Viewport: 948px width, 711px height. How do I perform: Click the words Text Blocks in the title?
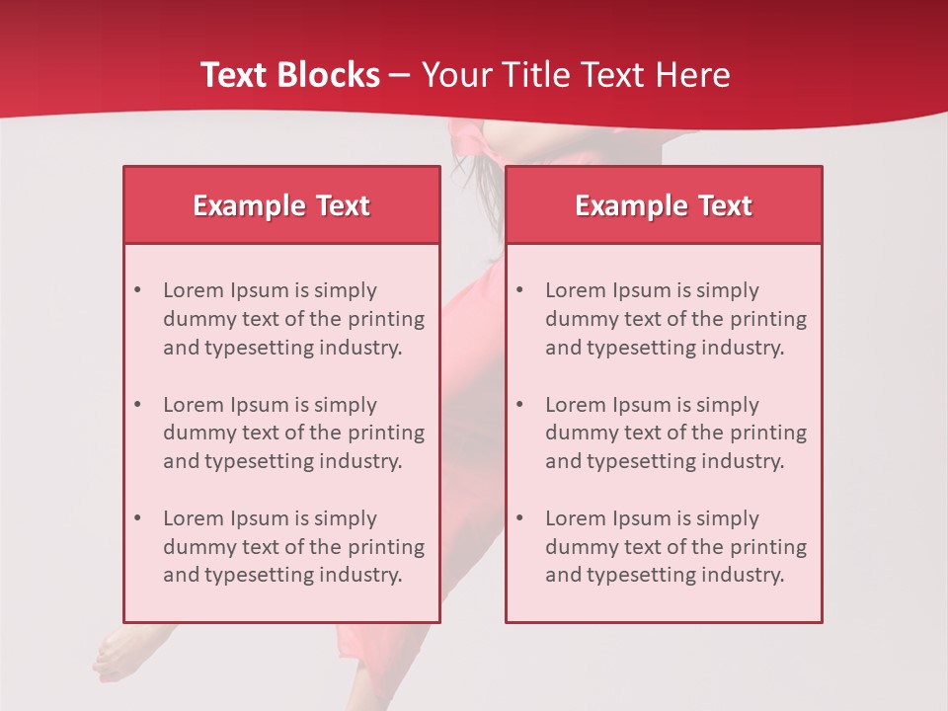[289, 75]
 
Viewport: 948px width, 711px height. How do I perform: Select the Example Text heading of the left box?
[281, 205]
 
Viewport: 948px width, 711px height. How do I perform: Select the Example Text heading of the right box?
[664, 205]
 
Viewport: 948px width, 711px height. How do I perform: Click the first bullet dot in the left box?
[137, 290]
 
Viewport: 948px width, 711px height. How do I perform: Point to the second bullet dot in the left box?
[137, 405]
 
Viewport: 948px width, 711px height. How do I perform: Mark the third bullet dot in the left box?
[137, 518]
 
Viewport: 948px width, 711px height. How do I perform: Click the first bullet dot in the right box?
[519, 290]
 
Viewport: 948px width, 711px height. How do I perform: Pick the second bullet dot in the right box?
[519, 405]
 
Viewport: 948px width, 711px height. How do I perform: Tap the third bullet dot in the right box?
[519, 518]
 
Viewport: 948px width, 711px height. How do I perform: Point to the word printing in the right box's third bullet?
[769, 547]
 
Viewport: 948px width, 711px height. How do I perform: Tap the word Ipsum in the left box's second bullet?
[259, 405]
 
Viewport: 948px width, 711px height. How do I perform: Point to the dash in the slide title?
[400, 75]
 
